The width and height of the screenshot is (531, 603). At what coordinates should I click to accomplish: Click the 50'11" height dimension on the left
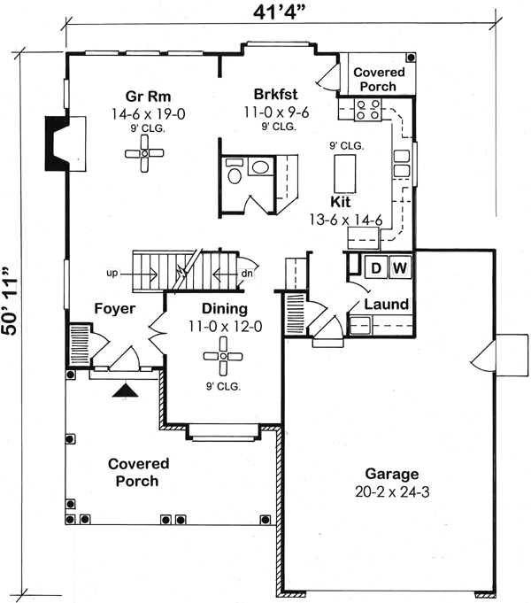12,301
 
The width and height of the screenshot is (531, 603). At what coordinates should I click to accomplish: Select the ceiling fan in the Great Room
144,155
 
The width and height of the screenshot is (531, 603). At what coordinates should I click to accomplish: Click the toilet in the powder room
233,174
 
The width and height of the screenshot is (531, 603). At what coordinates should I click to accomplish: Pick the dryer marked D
375,267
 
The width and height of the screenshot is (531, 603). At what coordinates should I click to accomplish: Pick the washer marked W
399,267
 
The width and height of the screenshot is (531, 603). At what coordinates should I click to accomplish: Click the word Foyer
115,308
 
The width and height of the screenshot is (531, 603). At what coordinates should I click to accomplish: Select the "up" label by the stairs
112,274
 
